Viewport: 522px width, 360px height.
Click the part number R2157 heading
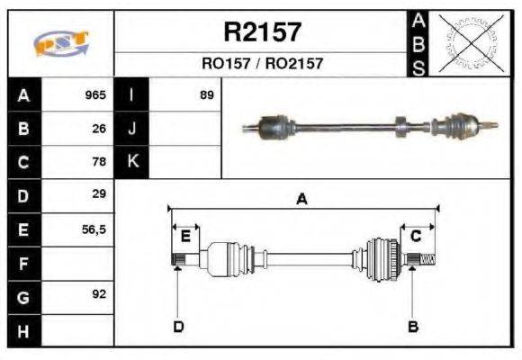[x=262, y=33]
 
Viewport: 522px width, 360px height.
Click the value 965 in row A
[x=95, y=94]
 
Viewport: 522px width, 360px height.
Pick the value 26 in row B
[x=99, y=129]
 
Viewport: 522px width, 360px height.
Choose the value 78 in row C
[x=99, y=162]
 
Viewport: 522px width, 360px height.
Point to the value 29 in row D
[x=99, y=194]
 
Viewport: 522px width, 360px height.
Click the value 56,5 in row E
[x=94, y=229]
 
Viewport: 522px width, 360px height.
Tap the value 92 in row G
[x=99, y=294]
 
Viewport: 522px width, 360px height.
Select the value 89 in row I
[x=206, y=94]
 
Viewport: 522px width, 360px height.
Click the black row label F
[x=23, y=264]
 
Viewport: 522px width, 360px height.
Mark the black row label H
[x=23, y=330]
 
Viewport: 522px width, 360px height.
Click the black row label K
[x=131, y=162]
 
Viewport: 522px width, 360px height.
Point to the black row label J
[x=131, y=129]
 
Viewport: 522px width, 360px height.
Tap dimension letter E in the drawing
[x=184, y=237]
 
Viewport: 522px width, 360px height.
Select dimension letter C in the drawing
[x=417, y=237]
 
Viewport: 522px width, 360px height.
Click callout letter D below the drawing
[x=177, y=326]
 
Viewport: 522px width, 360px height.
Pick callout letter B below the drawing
[x=413, y=326]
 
